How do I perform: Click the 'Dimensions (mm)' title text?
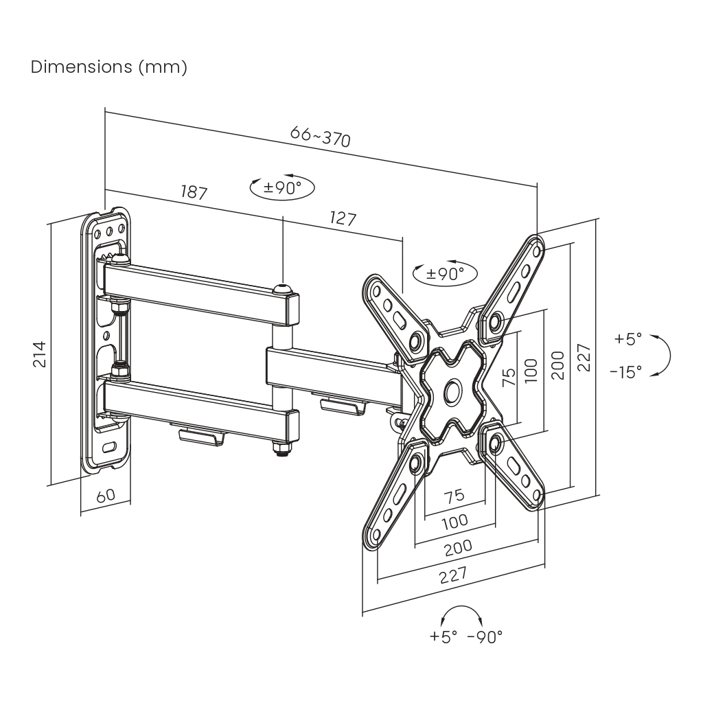coord(109,67)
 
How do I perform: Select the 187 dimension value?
coord(194,192)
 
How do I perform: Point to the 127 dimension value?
coord(343,218)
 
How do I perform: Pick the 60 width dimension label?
coord(105,496)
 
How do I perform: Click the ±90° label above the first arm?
coord(281,187)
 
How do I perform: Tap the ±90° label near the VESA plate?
coord(445,273)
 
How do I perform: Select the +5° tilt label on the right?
coord(627,338)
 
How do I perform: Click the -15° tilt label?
coord(625,371)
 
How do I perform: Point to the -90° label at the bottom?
coord(485,636)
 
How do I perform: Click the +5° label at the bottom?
coord(443,636)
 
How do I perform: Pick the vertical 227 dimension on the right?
coord(584,357)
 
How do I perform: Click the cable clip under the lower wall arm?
coord(201,438)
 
